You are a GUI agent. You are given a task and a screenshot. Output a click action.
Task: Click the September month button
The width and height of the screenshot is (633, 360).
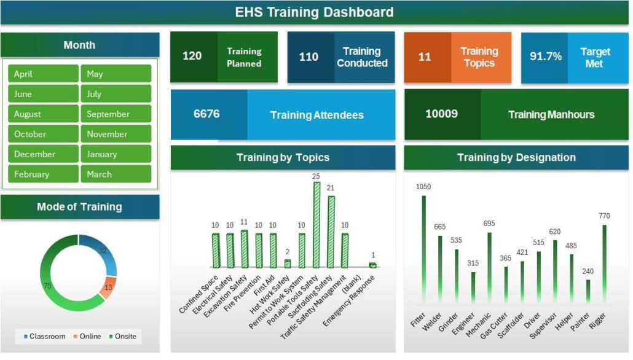tap(116, 114)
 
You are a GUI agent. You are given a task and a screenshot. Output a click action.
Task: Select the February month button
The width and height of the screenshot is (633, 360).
tap(43, 174)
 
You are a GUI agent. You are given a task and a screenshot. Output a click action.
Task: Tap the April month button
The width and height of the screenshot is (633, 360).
tap(43, 74)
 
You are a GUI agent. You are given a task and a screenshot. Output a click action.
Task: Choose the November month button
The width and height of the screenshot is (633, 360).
tap(116, 134)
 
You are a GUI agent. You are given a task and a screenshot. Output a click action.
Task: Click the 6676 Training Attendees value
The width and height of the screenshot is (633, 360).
tap(206, 114)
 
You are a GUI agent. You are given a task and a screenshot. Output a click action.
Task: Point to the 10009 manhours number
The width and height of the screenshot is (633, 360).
tap(441, 114)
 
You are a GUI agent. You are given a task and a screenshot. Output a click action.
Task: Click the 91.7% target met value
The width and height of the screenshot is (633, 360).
tap(545, 57)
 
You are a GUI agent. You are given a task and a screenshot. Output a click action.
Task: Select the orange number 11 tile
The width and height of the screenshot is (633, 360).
tap(425, 57)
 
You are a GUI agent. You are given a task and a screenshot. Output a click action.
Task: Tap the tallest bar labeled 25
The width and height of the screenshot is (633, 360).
tap(316, 224)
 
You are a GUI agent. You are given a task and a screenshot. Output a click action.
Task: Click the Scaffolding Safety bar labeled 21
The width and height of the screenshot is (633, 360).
tap(331, 232)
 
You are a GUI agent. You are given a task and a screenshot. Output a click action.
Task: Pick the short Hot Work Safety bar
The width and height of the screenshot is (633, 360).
tap(288, 264)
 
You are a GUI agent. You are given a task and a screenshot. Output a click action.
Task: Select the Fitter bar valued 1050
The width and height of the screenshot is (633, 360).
tap(423, 249)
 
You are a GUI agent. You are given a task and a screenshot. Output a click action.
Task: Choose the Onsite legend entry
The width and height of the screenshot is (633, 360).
tap(123, 337)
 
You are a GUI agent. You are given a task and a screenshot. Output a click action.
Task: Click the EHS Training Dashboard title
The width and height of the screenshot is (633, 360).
tap(314, 12)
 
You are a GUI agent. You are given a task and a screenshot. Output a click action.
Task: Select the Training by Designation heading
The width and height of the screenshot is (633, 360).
tap(516, 158)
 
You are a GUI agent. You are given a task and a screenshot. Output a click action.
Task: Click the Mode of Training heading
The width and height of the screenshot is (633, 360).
tap(79, 207)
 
